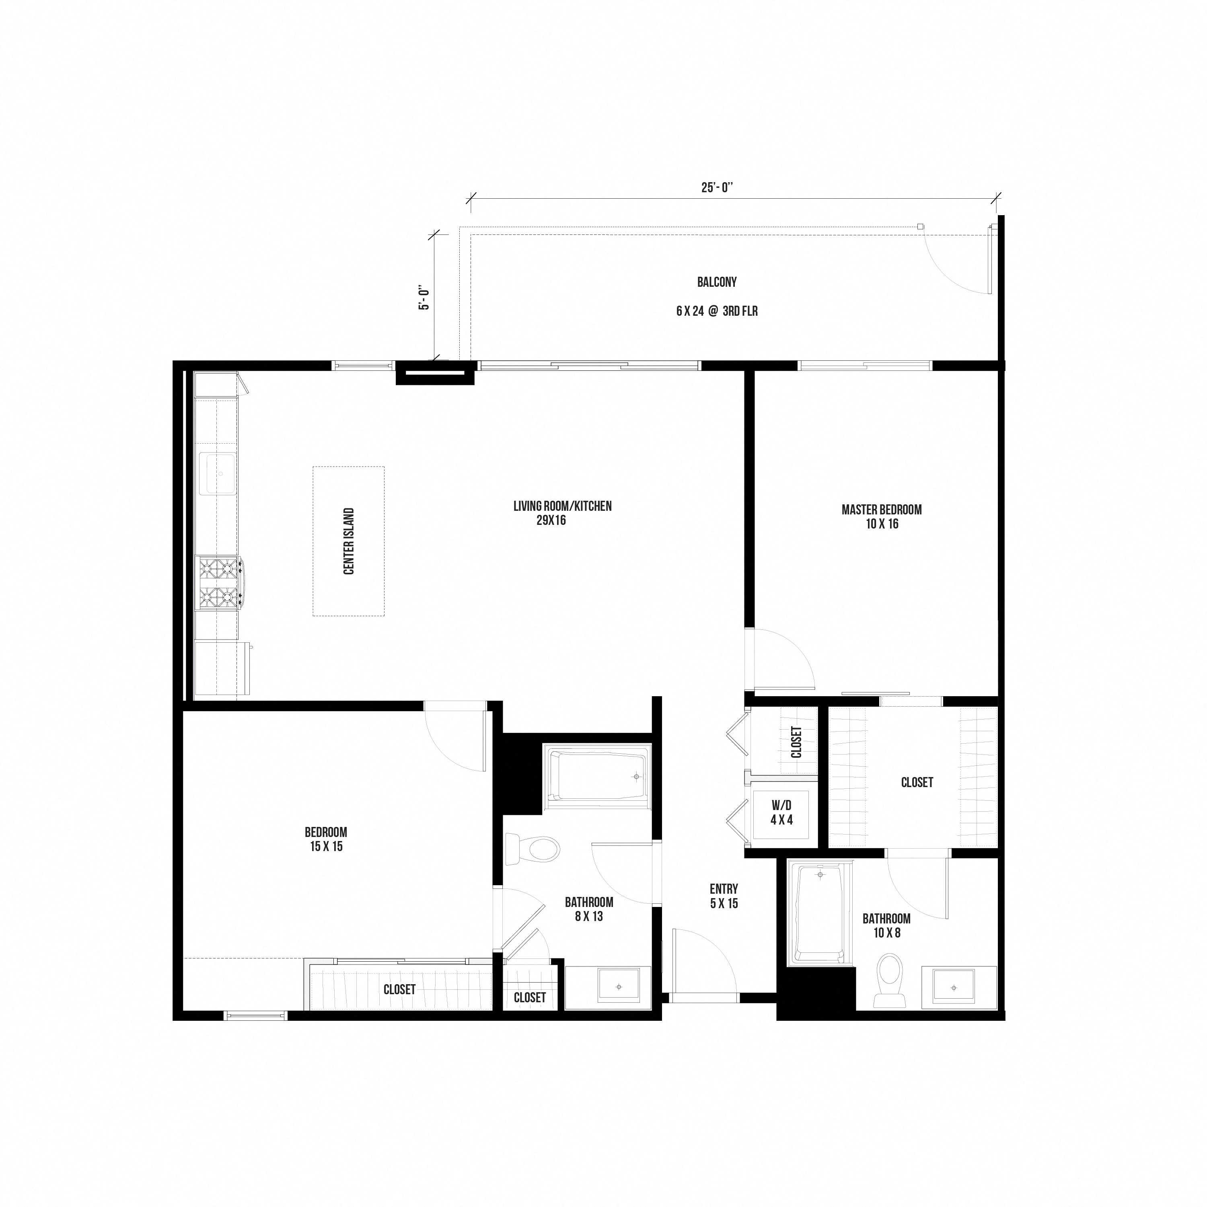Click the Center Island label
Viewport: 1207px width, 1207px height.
point(349,541)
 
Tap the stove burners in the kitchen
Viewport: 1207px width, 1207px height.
point(219,583)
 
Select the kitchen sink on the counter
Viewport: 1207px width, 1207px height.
point(218,473)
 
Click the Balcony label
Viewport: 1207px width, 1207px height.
point(717,282)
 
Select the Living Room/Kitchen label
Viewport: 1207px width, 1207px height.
point(562,513)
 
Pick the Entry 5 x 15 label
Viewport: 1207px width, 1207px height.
point(724,896)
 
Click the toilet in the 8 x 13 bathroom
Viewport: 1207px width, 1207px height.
point(534,850)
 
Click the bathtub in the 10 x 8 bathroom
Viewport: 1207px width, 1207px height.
point(820,912)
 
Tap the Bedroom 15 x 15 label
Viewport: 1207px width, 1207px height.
point(326,839)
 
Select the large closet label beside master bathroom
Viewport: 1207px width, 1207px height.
point(917,782)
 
